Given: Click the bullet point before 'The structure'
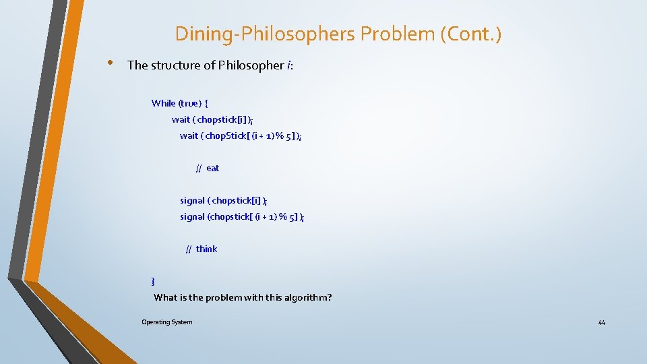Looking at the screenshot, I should [109, 63].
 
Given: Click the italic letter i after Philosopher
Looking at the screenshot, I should [288, 65].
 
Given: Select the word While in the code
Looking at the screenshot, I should [163, 103].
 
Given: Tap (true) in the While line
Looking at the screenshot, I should [189, 103].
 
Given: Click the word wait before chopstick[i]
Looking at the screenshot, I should [181, 119].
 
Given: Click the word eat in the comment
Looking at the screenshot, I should [212, 168].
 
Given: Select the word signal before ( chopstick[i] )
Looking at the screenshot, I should [192, 200].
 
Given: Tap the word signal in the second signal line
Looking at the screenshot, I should [192, 216].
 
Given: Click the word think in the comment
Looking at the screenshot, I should [206, 249].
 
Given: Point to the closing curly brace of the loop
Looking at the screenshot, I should [153, 280].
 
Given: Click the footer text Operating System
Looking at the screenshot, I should [166, 322].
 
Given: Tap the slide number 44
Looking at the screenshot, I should [601, 323].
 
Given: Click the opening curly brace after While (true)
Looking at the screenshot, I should [206, 103].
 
